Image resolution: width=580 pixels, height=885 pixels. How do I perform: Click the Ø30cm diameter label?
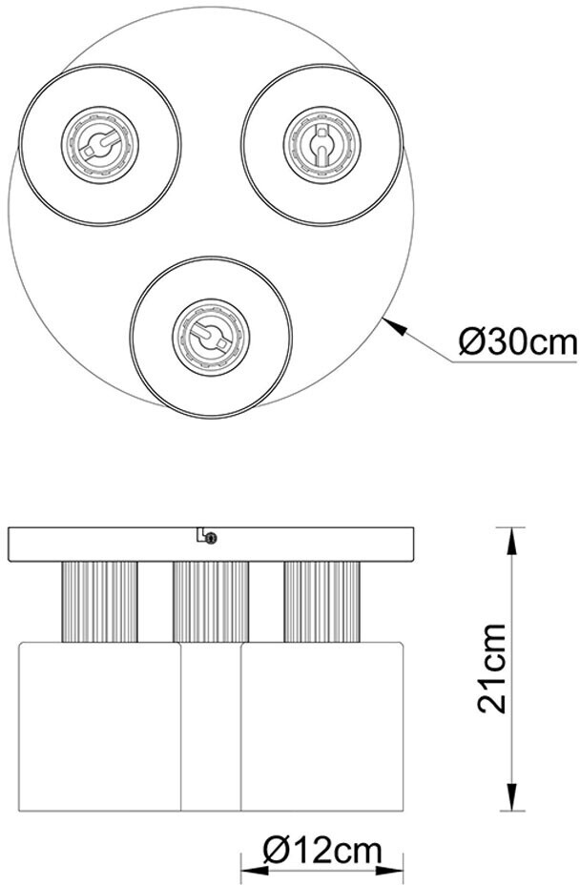click(518, 342)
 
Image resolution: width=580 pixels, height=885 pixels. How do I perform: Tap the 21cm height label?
click(491, 669)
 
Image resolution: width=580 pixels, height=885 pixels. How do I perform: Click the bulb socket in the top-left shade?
click(100, 144)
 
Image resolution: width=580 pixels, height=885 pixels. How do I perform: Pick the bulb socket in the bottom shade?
click(211, 338)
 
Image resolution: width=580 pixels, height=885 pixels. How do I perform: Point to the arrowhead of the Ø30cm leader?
click(394, 326)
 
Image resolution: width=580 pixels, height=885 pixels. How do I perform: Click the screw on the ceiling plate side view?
click(211, 538)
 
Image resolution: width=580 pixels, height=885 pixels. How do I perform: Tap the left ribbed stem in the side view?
click(99, 602)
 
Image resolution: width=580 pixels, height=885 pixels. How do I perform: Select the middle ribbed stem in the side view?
click(211, 602)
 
